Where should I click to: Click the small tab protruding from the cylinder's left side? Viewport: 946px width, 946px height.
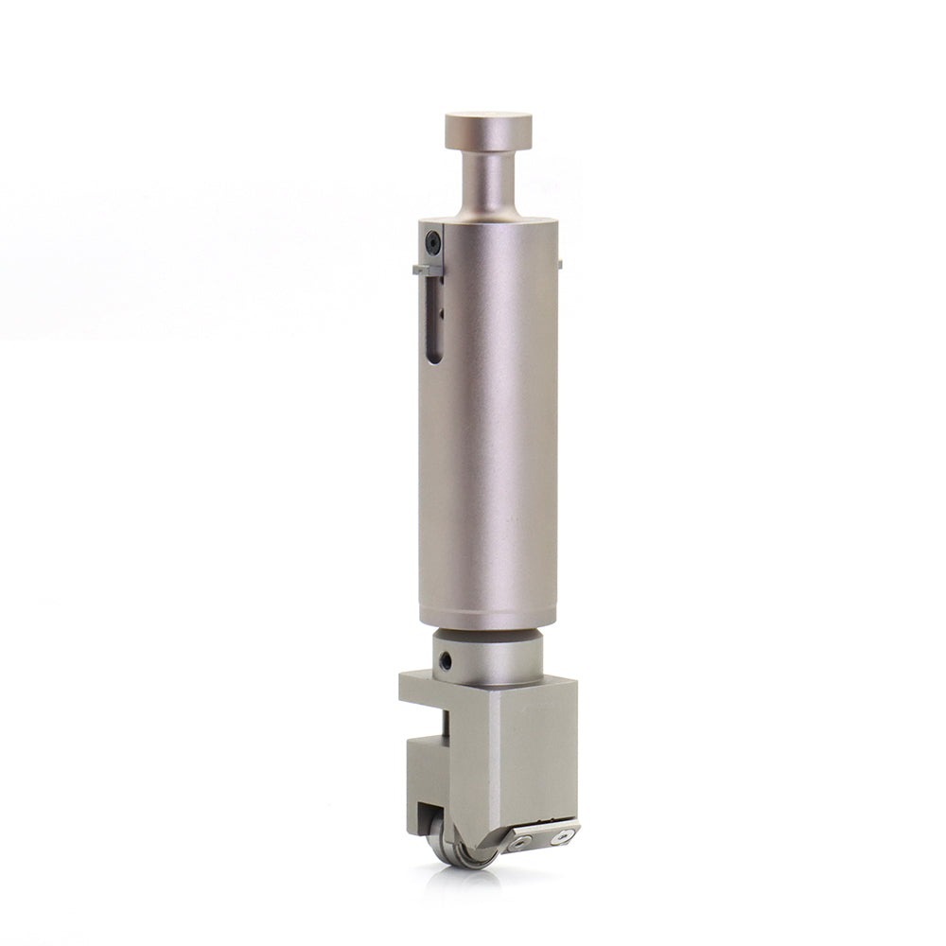(x=427, y=271)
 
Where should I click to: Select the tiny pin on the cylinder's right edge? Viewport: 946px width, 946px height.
(x=560, y=264)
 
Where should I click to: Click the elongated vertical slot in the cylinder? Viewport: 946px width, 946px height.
(x=434, y=322)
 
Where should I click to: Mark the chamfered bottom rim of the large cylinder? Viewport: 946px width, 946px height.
(x=488, y=622)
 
